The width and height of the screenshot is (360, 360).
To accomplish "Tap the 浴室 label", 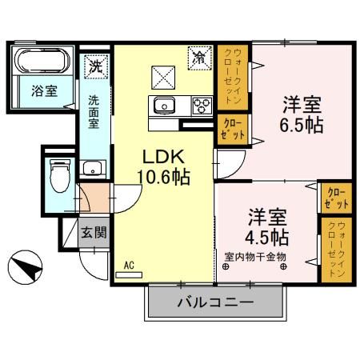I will click(44, 90).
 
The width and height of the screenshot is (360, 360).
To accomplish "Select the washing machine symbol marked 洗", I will click(95, 65).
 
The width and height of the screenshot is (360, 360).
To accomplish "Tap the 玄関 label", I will click(93, 233).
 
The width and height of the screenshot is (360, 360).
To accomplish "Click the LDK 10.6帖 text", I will click(166, 167).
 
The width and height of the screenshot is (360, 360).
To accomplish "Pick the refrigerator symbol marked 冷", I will click(198, 58).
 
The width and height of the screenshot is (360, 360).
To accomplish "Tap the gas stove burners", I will click(201, 105).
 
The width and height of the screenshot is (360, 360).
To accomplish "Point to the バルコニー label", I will click(214, 303).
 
